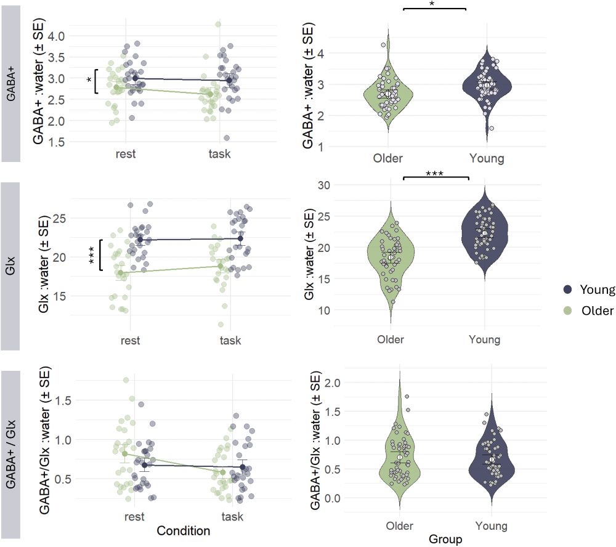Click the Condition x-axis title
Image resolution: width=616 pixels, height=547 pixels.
(184, 530)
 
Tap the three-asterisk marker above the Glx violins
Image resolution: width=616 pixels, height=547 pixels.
(436, 173)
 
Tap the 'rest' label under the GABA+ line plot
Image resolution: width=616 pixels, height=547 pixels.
(126, 153)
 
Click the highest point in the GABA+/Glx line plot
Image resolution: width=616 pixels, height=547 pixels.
(126, 380)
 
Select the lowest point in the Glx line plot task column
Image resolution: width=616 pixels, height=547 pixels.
(221, 325)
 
